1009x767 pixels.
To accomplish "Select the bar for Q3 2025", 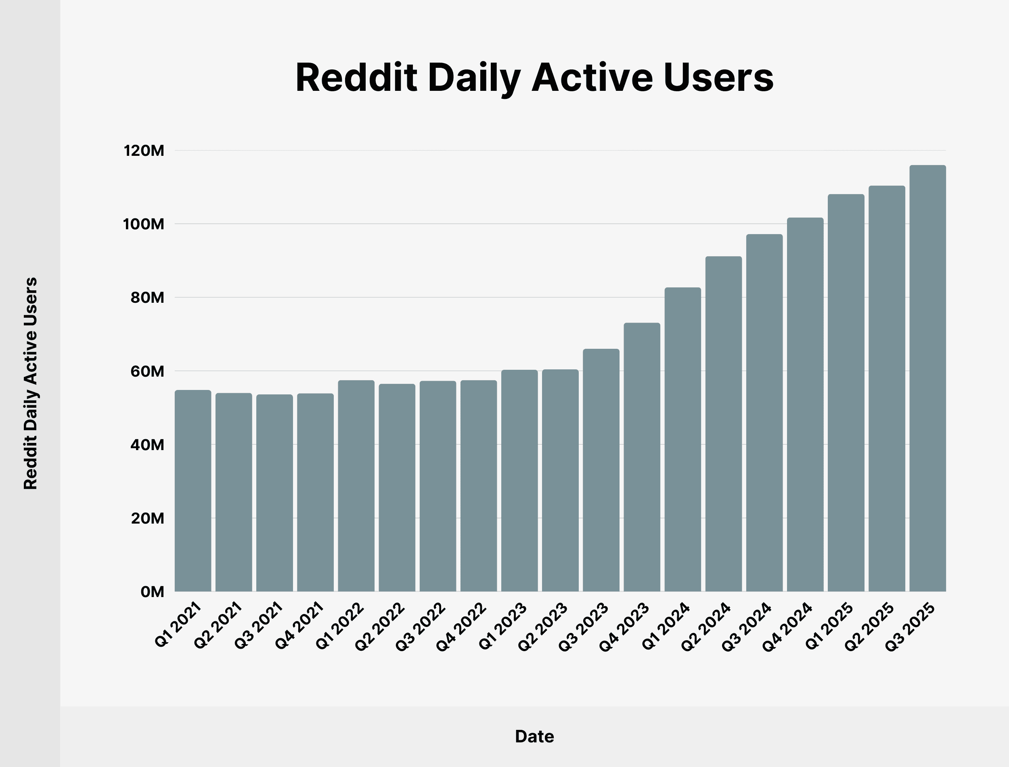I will [x=927, y=379].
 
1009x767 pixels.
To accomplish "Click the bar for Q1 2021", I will [x=193, y=491].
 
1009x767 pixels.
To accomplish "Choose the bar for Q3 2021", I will [x=274, y=493].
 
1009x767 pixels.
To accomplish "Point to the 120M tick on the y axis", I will [x=144, y=151].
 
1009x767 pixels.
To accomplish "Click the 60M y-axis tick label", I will [x=147, y=371].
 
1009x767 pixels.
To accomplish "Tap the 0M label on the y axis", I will [x=152, y=592].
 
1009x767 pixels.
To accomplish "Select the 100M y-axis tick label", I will [x=144, y=224].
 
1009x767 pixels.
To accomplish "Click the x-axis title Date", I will [x=534, y=736].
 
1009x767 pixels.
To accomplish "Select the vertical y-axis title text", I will [x=31, y=383].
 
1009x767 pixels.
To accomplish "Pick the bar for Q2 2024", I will [x=723, y=424].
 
